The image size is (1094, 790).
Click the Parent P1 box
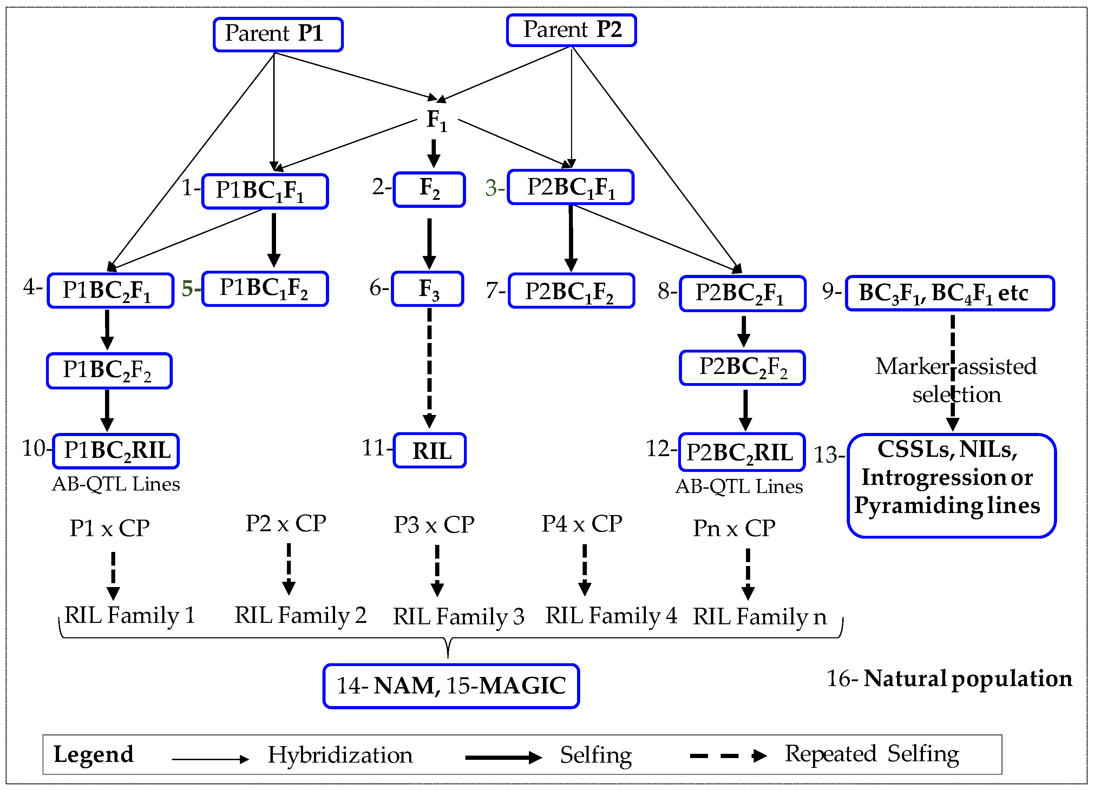click(278, 34)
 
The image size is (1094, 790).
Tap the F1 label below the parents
click(437, 120)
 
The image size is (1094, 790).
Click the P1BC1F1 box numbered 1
click(265, 191)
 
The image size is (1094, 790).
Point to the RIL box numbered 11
click(430, 450)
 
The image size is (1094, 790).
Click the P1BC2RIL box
click(116, 451)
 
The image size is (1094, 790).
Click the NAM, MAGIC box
click(451, 685)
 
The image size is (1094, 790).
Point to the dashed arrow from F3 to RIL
click(429, 367)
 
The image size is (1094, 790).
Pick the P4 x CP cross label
click(582, 524)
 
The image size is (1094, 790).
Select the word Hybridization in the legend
click(340, 755)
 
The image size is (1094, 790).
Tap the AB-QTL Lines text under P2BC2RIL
click(739, 486)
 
